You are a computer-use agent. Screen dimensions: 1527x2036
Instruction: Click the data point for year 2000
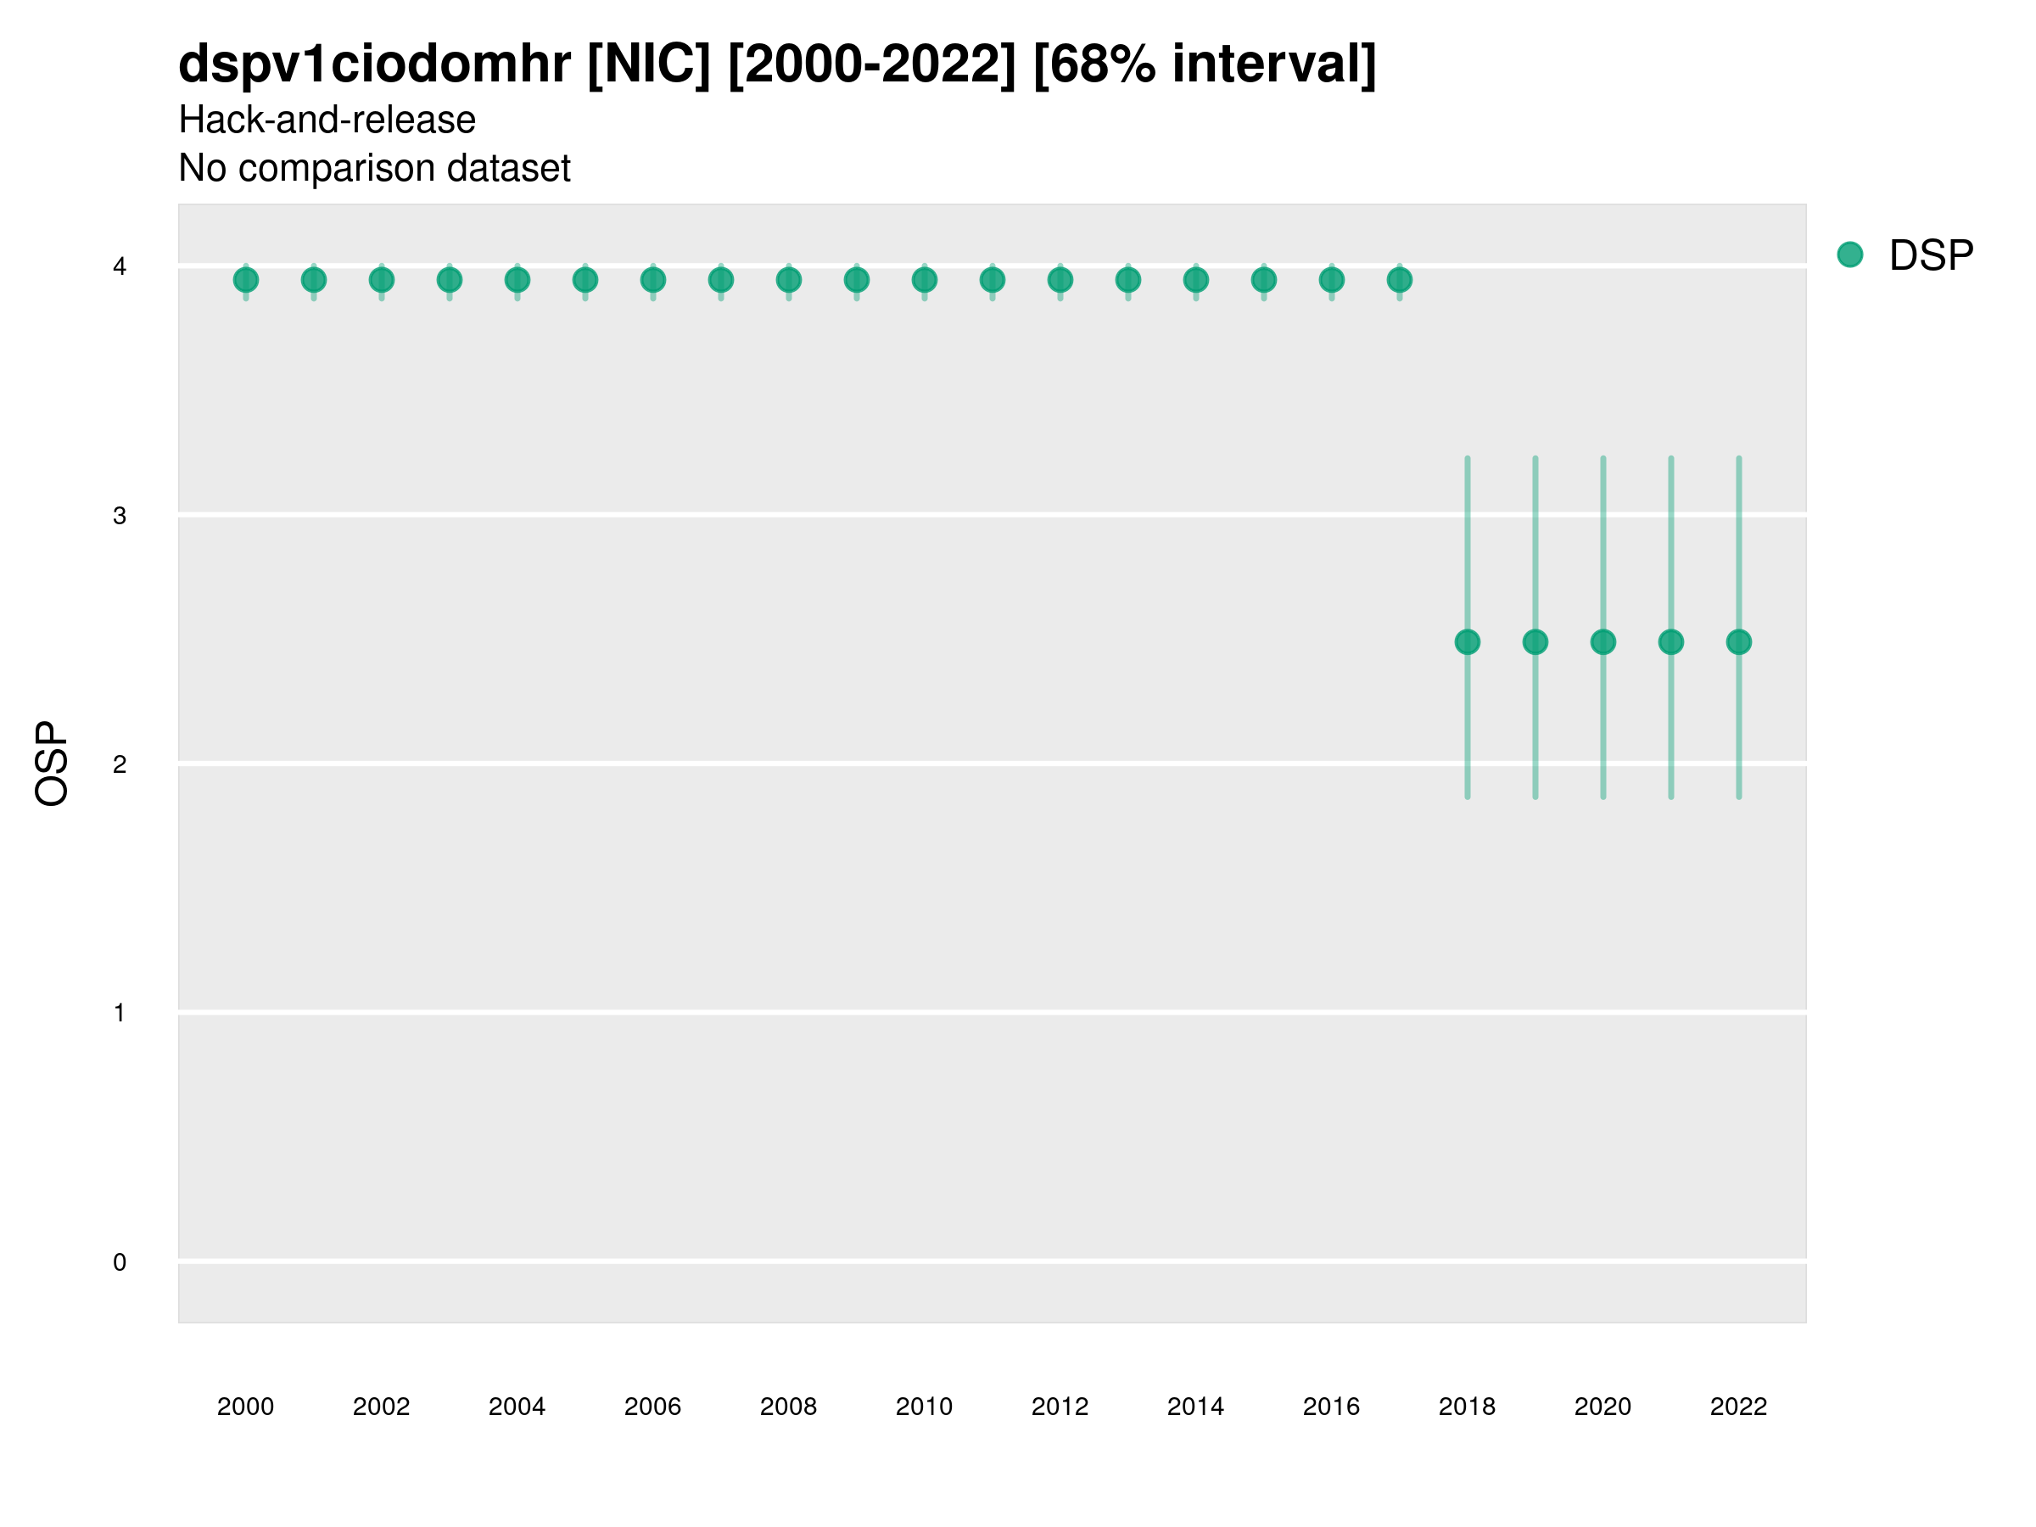(x=246, y=280)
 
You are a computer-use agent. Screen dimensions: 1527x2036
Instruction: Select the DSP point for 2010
(x=924, y=280)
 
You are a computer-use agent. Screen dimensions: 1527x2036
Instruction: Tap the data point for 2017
(x=1399, y=280)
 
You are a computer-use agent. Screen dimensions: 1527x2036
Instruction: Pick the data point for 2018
(x=1467, y=641)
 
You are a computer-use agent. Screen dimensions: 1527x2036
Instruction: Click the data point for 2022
(x=1739, y=641)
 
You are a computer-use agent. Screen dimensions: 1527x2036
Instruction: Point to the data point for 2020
(x=1603, y=641)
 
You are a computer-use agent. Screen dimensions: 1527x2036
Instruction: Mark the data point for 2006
(x=652, y=280)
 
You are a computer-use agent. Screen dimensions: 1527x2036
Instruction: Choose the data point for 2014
(x=1195, y=280)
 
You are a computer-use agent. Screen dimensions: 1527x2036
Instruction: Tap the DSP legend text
(x=1931, y=256)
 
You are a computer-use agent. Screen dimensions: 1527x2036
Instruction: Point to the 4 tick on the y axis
(x=120, y=267)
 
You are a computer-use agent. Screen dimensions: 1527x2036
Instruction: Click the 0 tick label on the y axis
(x=120, y=1262)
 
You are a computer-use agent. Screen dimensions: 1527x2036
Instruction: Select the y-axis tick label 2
(x=120, y=764)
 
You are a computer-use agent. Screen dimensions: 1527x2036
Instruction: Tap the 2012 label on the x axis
(x=1060, y=1407)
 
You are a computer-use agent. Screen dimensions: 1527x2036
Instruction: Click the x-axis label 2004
(x=517, y=1407)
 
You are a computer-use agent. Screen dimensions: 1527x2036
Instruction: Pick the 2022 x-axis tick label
(x=1737, y=1407)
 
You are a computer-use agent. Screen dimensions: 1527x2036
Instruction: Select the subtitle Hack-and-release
(x=327, y=120)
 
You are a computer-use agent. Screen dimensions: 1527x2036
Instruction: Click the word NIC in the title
(x=649, y=64)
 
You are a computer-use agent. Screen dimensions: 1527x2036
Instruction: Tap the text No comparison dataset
(x=375, y=169)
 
